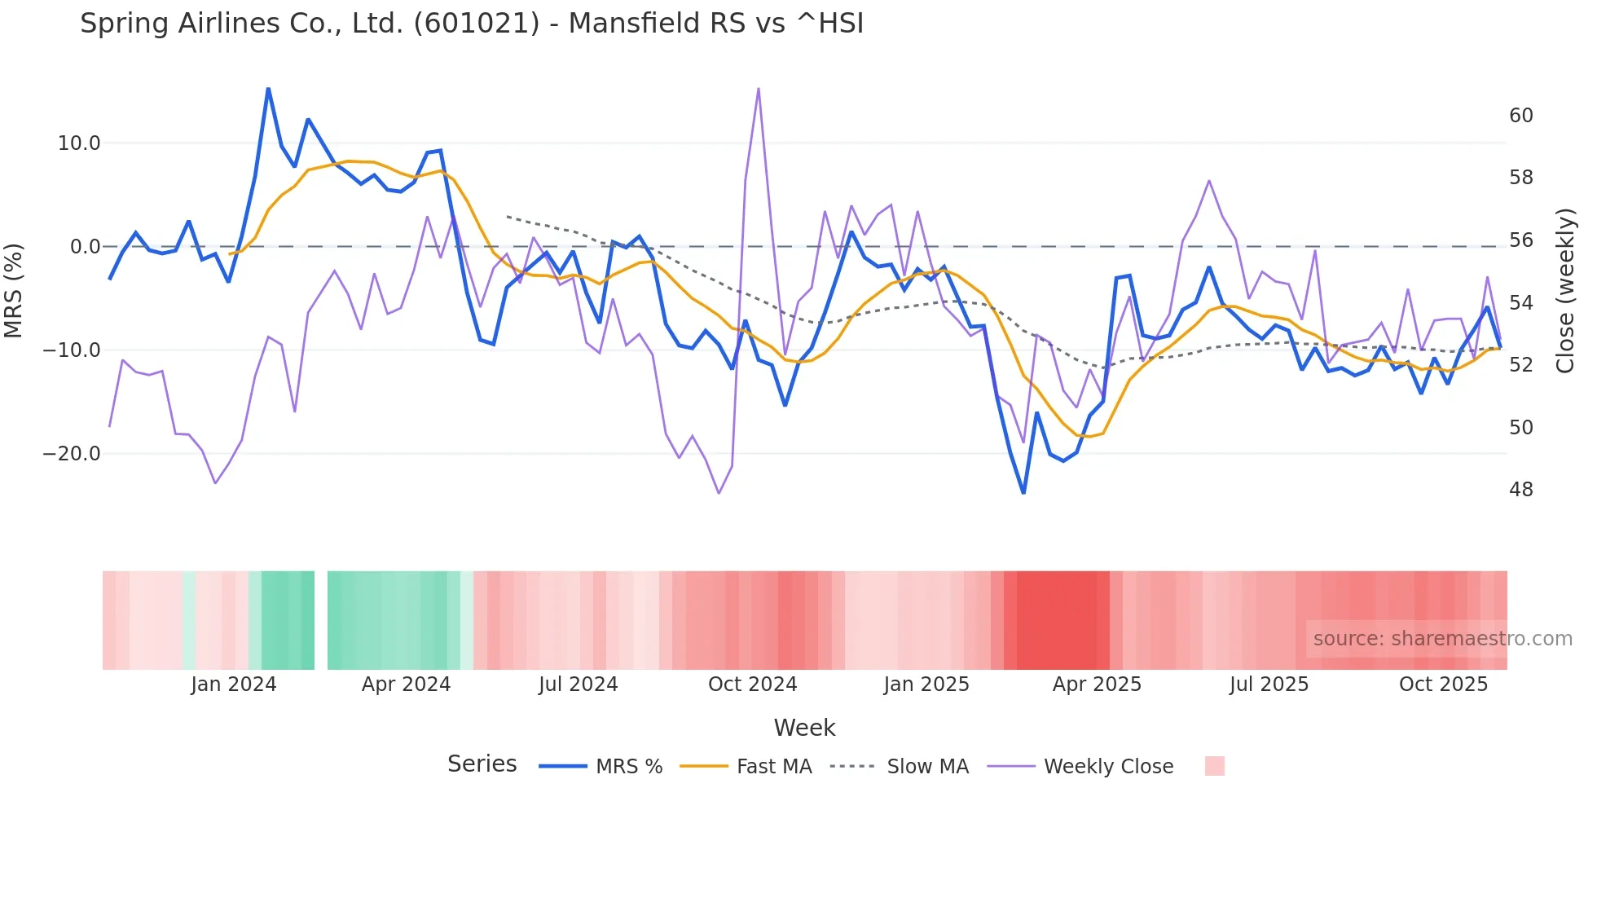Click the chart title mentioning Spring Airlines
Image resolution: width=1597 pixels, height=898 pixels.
472,24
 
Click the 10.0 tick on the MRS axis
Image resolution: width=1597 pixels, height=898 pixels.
78,143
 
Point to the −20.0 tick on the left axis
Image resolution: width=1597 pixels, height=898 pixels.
72,454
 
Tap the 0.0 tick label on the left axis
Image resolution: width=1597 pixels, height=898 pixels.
85,247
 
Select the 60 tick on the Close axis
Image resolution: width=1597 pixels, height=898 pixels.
1520,116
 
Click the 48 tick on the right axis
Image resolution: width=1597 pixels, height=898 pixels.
1520,490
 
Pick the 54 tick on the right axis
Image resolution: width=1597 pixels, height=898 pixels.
1520,303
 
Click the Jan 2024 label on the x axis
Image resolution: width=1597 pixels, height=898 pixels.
234,685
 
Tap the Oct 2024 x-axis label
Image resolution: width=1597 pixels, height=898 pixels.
752,685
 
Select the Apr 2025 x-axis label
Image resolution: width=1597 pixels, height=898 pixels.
1097,685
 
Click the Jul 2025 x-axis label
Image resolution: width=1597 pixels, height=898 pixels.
1269,685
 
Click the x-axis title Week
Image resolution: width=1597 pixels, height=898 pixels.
804,728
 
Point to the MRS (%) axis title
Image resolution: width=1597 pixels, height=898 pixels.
14,291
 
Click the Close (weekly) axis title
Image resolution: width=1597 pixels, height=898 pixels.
1564,291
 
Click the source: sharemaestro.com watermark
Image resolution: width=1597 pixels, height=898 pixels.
1442,639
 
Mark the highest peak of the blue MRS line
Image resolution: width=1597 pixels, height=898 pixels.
268,88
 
